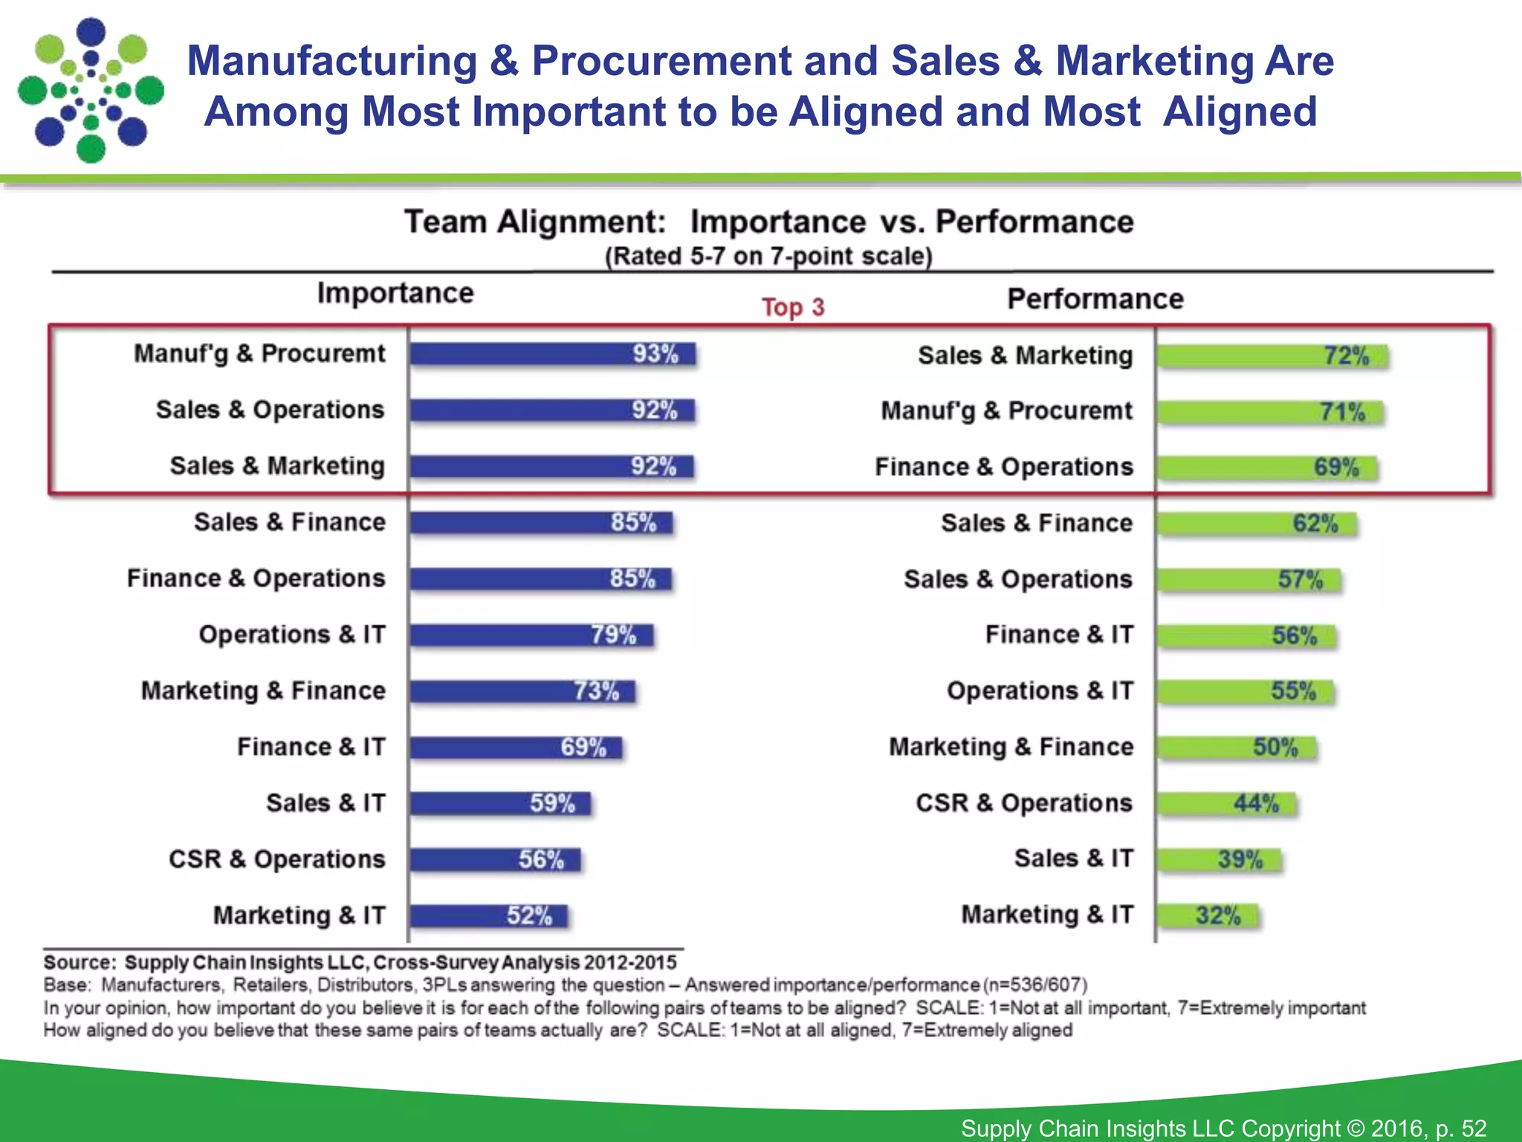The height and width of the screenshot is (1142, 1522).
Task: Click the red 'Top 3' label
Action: [793, 307]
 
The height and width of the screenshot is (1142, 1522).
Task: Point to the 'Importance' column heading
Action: [395, 293]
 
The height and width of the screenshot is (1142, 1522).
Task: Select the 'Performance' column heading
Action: [1095, 299]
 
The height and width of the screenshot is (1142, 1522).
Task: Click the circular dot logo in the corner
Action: [90, 90]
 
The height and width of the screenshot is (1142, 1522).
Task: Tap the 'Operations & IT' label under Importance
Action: [292, 635]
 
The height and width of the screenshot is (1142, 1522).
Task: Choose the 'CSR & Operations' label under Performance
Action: [1024, 804]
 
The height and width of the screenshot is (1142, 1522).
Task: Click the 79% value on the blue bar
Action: [614, 635]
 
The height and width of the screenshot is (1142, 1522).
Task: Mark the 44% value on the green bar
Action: [1257, 804]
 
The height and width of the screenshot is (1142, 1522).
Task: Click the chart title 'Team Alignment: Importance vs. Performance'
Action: [768, 222]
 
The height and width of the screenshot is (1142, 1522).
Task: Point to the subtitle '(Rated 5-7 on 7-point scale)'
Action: [768, 257]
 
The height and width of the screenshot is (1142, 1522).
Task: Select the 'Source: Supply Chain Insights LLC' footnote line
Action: [360, 963]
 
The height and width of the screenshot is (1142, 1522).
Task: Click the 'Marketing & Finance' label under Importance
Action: [264, 691]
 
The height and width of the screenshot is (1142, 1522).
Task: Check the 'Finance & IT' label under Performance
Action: [1060, 635]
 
